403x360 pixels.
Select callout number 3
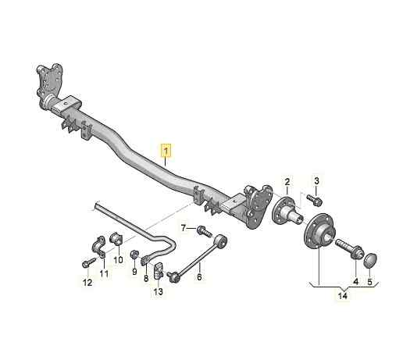(x=316, y=181)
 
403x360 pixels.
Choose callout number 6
(x=198, y=274)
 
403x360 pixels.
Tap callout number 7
(x=184, y=228)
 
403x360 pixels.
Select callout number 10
(x=118, y=260)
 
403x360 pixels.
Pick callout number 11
(x=104, y=273)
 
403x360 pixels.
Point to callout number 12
(x=87, y=282)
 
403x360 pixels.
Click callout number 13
(x=158, y=292)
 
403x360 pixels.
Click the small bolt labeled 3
(x=317, y=201)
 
